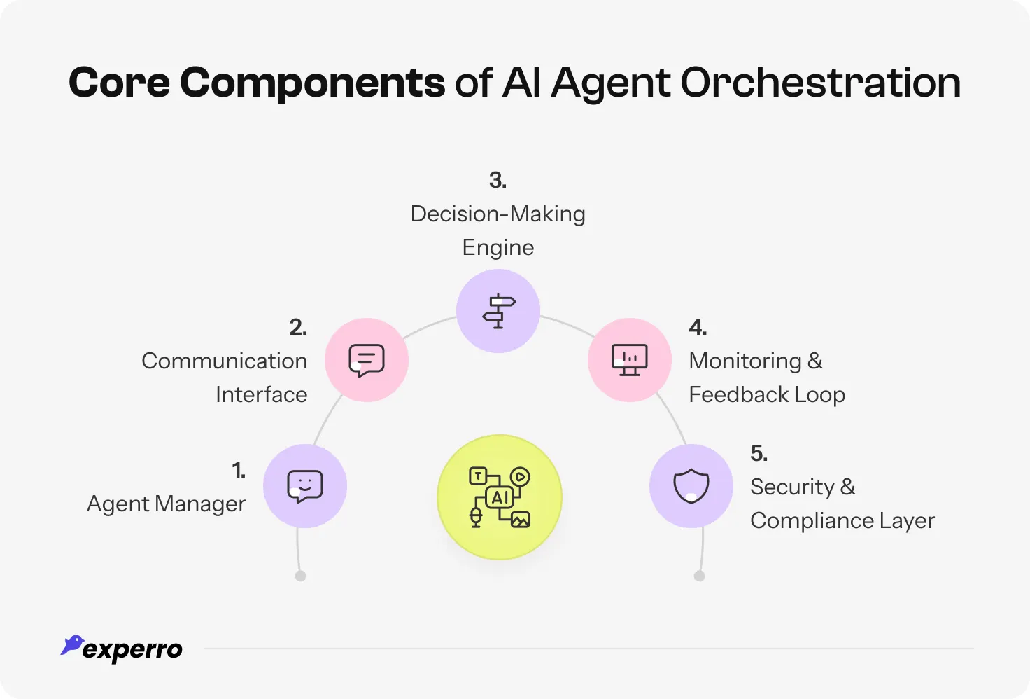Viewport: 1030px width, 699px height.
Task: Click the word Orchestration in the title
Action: [820, 83]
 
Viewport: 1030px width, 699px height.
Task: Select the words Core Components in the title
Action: [256, 83]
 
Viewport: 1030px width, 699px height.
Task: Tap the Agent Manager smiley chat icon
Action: [305, 486]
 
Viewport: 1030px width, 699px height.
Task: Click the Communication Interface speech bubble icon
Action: [367, 360]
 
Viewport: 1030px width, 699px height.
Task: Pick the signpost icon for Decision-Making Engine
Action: [498, 311]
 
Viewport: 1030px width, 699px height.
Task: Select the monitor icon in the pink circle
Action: [630, 360]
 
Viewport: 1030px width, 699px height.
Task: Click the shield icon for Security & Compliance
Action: [691, 486]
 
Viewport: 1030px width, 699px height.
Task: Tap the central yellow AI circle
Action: [500, 497]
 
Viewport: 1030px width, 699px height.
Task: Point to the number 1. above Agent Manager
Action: [239, 470]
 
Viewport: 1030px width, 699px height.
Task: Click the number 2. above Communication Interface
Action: [298, 327]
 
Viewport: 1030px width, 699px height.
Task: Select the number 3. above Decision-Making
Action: [498, 180]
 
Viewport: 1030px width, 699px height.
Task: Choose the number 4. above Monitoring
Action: [698, 327]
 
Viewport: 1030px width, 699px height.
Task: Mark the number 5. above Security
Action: [759, 453]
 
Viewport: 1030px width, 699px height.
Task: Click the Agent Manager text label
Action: [166, 504]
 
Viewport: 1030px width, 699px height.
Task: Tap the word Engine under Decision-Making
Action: [498, 248]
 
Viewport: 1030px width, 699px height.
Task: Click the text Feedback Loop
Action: [767, 395]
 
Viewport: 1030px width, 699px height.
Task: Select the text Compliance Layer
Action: [842, 521]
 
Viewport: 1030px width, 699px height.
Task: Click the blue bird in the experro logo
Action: [72, 645]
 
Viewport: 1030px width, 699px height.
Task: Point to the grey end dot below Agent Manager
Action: [301, 576]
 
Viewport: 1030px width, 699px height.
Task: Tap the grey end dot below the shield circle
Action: [699, 576]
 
